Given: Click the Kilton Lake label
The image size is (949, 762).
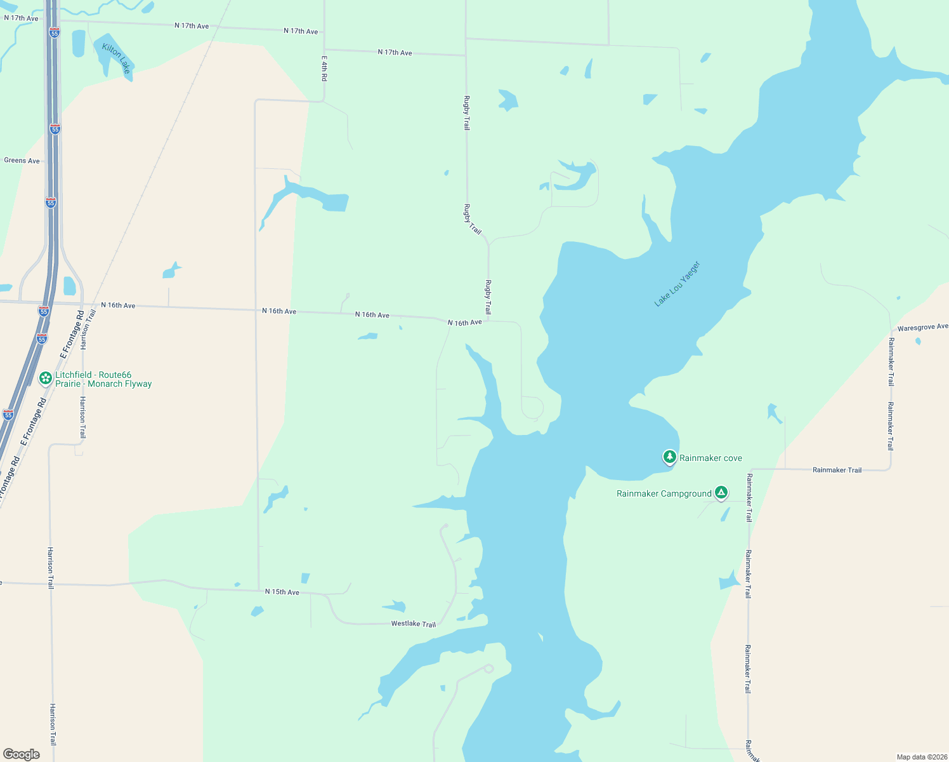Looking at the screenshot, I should pyautogui.click(x=117, y=58).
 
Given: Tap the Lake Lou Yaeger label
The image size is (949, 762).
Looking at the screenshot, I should pyautogui.click(x=677, y=284).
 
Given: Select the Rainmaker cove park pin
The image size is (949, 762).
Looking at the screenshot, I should pyautogui.click(x=669, y=457).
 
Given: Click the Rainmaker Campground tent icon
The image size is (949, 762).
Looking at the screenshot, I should pyautogui.click(x=721, y=492).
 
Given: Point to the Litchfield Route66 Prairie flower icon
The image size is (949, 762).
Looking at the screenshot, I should pyautogui.click(x=46, y=378).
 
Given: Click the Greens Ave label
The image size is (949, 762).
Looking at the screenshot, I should pyautogui.click(x=22, y=161).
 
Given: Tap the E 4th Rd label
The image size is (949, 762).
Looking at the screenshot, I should pyautogui.click(x=324, y=69).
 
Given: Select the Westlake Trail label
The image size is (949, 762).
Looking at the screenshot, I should pyautogui.click(x=414, y=624).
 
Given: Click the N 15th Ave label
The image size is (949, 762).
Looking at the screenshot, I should pyautogui.click(x=282, y=592).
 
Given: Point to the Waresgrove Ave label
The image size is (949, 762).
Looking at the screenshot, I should pyautogui.click(x=922, y=328).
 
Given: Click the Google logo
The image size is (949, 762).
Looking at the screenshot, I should pyautogui.click(x=22, y=754).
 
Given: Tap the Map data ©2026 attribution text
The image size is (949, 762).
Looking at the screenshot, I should pyautogui.click(x=922, y=757).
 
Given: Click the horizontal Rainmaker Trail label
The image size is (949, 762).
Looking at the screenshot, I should pyautogui.click(x=837, y=470).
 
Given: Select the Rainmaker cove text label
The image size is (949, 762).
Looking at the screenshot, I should pyautogui.click(x=710, y=458).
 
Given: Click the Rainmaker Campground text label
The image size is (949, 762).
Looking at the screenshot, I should pyautogui.click(x=664, y=493).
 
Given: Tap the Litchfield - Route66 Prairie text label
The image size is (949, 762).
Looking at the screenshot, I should pyautogui.click(x=103, y=379).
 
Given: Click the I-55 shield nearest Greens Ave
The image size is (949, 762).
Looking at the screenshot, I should pyautogui.click(x=55, y=129).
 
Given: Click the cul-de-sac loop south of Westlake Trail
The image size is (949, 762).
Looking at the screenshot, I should pyautogui.click(x=488, y=668).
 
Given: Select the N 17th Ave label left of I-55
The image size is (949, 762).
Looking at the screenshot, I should pyautogui.click(x=21, y=18).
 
